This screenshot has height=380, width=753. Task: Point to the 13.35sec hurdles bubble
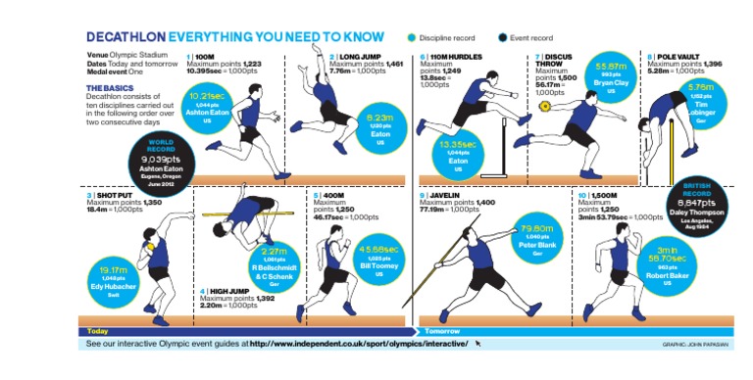(x=457, y=157)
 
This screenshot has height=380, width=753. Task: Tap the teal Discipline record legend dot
(x=412, y=37)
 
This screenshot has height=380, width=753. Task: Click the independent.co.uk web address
(x=359, y=344)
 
